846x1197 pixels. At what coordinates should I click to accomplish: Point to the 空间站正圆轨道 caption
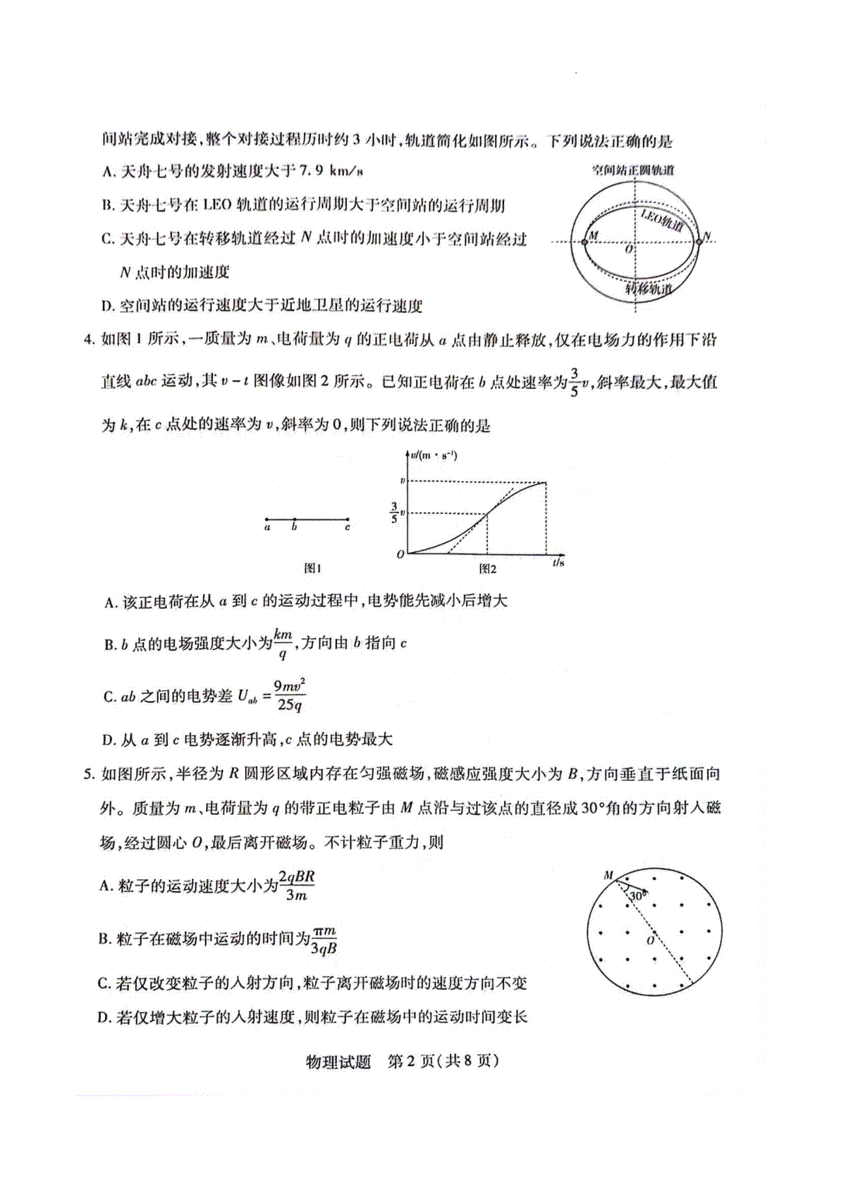click(x=632, y=170)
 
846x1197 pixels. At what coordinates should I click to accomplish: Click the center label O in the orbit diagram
click(x=629, y=249)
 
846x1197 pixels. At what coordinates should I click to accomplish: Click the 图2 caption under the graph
click(x=487, y=568)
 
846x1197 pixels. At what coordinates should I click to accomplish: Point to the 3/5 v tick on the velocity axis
click(x=398, y=513)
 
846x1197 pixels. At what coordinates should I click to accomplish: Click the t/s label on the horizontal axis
click(x=558, y=562)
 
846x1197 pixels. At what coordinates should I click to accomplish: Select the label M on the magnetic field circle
click(x=608, y=876)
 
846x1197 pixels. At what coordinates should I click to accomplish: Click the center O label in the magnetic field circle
click(x=650, y=940)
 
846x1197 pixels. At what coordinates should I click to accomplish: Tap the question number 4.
click(x=88, y=340)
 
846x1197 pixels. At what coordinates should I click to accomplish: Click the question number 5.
click(x=88, y=774)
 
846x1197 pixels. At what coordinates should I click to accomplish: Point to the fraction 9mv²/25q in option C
click(x=289, y=696)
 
